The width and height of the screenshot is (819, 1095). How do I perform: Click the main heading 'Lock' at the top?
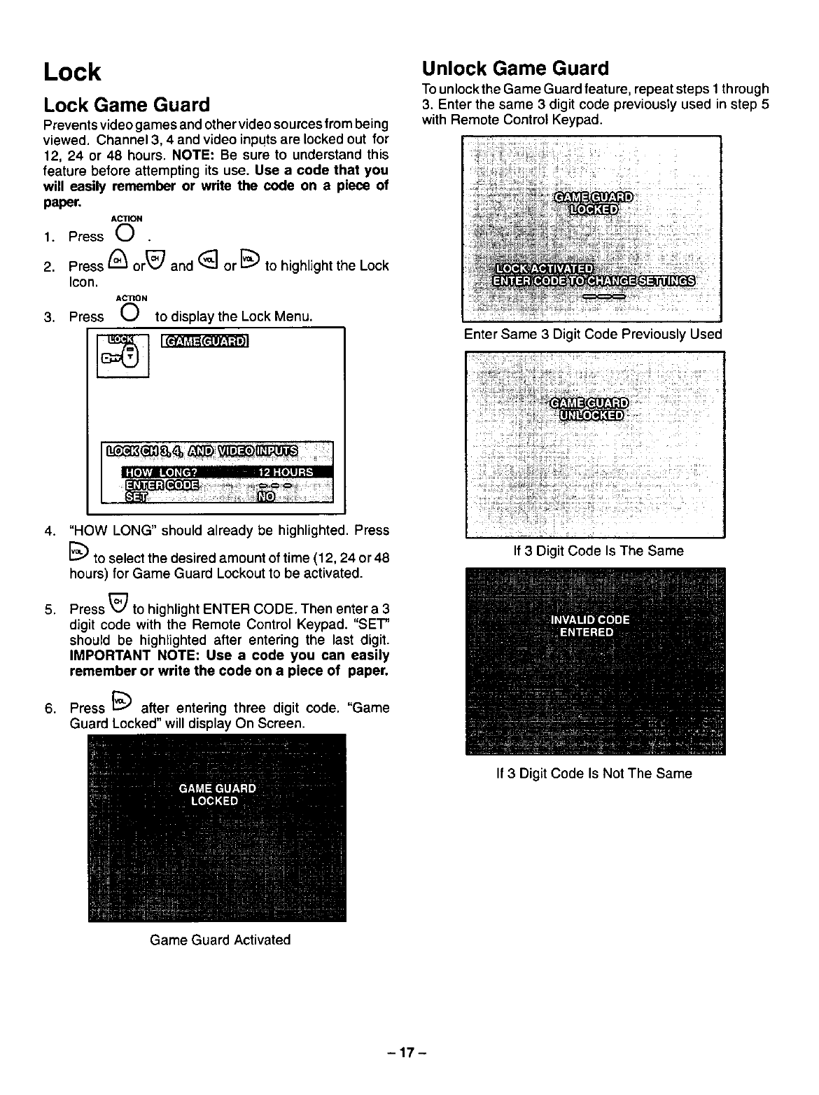[x=71, y=72]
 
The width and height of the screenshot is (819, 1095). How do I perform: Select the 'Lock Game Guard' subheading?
[x=126, y=105]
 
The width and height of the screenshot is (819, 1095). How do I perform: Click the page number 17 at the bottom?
[x=409, y=1052]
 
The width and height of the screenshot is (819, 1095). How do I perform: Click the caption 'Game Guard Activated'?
[x=220, y=940]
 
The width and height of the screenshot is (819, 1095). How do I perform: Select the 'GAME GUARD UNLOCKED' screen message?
[x=590, y=409]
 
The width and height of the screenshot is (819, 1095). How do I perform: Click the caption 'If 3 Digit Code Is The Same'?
[x=598, y=551]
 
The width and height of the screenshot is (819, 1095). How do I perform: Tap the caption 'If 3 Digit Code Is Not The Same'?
[x=593, y=774]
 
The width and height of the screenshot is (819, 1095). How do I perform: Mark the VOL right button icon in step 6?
[x=121, y=703]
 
